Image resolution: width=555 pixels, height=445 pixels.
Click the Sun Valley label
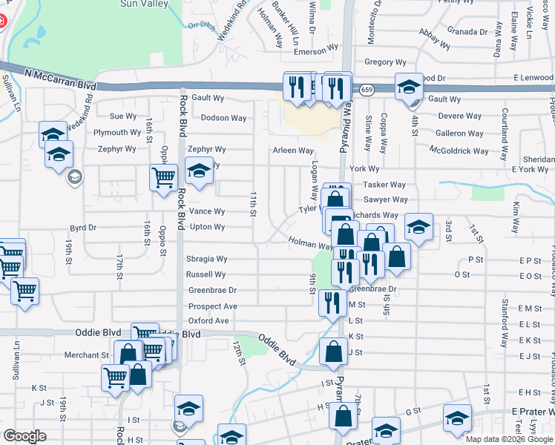point(142,4)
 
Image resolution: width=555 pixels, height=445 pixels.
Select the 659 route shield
point(367,90)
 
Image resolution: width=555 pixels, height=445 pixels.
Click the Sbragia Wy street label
point(206,260)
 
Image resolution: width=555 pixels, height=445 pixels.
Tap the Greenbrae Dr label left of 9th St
point(212,291)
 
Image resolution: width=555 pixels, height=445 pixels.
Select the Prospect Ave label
point(212,306)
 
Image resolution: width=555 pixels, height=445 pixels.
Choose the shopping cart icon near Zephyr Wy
point(163,177)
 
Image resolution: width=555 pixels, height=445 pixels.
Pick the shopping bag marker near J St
point(332,352)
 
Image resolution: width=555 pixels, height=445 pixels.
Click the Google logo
point(24,436)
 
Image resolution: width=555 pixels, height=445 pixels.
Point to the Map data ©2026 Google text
point(509,439)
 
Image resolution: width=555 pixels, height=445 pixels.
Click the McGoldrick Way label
point(459,151)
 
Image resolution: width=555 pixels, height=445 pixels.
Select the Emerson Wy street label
point(315,52)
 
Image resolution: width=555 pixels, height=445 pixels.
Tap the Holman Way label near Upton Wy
point(310,243)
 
